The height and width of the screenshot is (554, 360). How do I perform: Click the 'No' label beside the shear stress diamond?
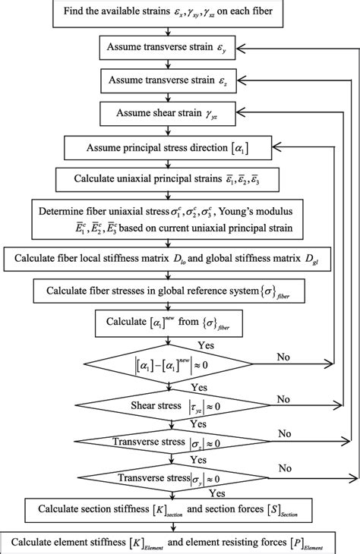(283, 398)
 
